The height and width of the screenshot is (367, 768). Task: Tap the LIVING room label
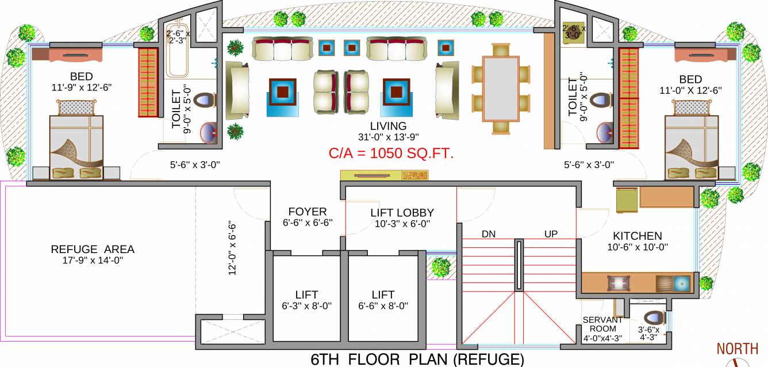[x=388, y=126]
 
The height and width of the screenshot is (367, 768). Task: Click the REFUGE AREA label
[x=93, y=249]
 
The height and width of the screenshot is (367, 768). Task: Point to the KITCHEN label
[x=637, y=236]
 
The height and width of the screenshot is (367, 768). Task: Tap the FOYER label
[x=307, y=212]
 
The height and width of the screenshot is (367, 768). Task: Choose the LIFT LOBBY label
[x=402, y=213]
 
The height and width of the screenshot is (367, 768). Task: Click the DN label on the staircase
[x=489, y=234]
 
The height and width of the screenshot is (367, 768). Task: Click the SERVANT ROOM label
[x=602, y=325]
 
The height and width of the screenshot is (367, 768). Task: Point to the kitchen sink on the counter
[x=681, y=284]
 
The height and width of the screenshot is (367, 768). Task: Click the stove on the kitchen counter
[x=619, y=284]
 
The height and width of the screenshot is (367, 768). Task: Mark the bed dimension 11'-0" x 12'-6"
[x=690, y=90]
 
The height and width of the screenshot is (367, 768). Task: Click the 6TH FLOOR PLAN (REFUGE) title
[x=417, y=360]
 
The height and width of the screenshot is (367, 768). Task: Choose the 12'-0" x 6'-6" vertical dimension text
[x=232, y=249]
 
